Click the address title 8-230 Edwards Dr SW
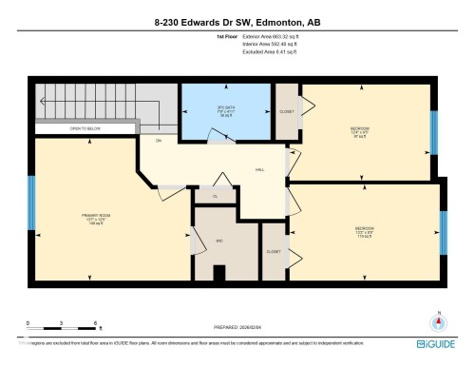coord(237,18)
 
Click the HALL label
coord(259,170)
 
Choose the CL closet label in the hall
coord(216,196)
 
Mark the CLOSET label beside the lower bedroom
coord(274,252)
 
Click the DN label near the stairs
coord(158,141)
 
